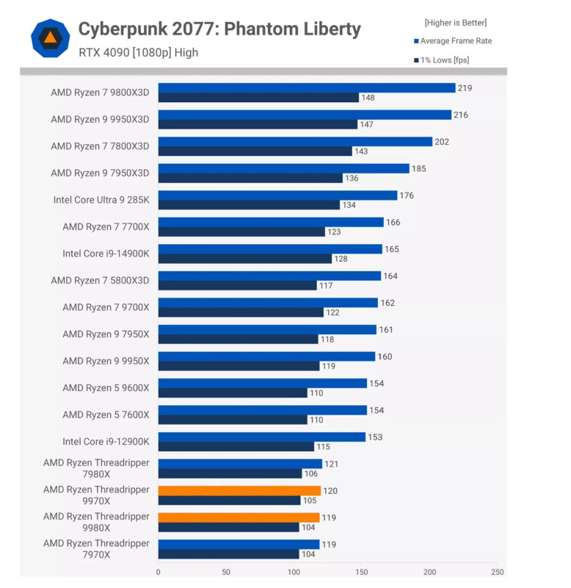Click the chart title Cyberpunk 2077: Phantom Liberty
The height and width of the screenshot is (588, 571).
(219, 29)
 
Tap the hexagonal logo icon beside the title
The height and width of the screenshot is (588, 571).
(50, 38)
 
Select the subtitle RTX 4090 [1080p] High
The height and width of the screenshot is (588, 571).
(138, 53)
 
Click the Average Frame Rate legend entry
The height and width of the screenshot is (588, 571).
(456, 41)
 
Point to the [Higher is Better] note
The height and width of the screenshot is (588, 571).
(455, 23)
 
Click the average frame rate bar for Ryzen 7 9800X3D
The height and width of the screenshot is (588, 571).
(307, 88)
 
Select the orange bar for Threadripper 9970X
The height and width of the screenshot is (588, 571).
(239, 491)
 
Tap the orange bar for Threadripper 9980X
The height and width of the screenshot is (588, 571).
(239, 517)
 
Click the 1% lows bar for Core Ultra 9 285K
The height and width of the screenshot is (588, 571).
(249, 205)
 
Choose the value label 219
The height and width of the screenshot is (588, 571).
(464, 88)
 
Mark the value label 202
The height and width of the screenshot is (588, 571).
(441, 142)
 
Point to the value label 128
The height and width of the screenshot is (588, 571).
(341, 259)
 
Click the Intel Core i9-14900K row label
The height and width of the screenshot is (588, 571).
(106, 254)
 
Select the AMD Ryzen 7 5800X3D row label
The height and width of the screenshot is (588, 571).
(100, 280)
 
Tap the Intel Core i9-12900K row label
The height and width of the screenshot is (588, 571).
(106, 442)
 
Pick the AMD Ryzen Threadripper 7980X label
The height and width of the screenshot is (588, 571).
(96, 468)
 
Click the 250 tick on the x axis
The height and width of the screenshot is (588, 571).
(498, 571)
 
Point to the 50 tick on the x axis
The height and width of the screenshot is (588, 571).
(226, 571)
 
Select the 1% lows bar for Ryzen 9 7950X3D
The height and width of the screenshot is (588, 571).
(250, 178)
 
